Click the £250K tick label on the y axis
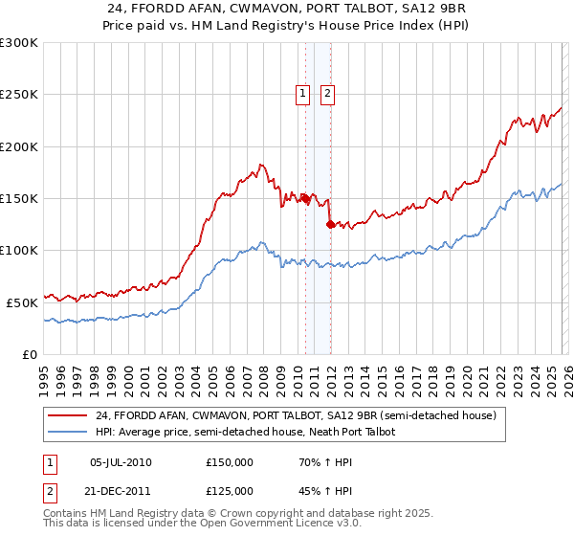19,95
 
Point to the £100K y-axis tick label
19,251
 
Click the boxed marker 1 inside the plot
303,94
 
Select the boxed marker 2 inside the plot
327,94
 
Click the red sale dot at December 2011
330,224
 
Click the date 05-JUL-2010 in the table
120,462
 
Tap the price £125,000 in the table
230,490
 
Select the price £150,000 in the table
230,462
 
